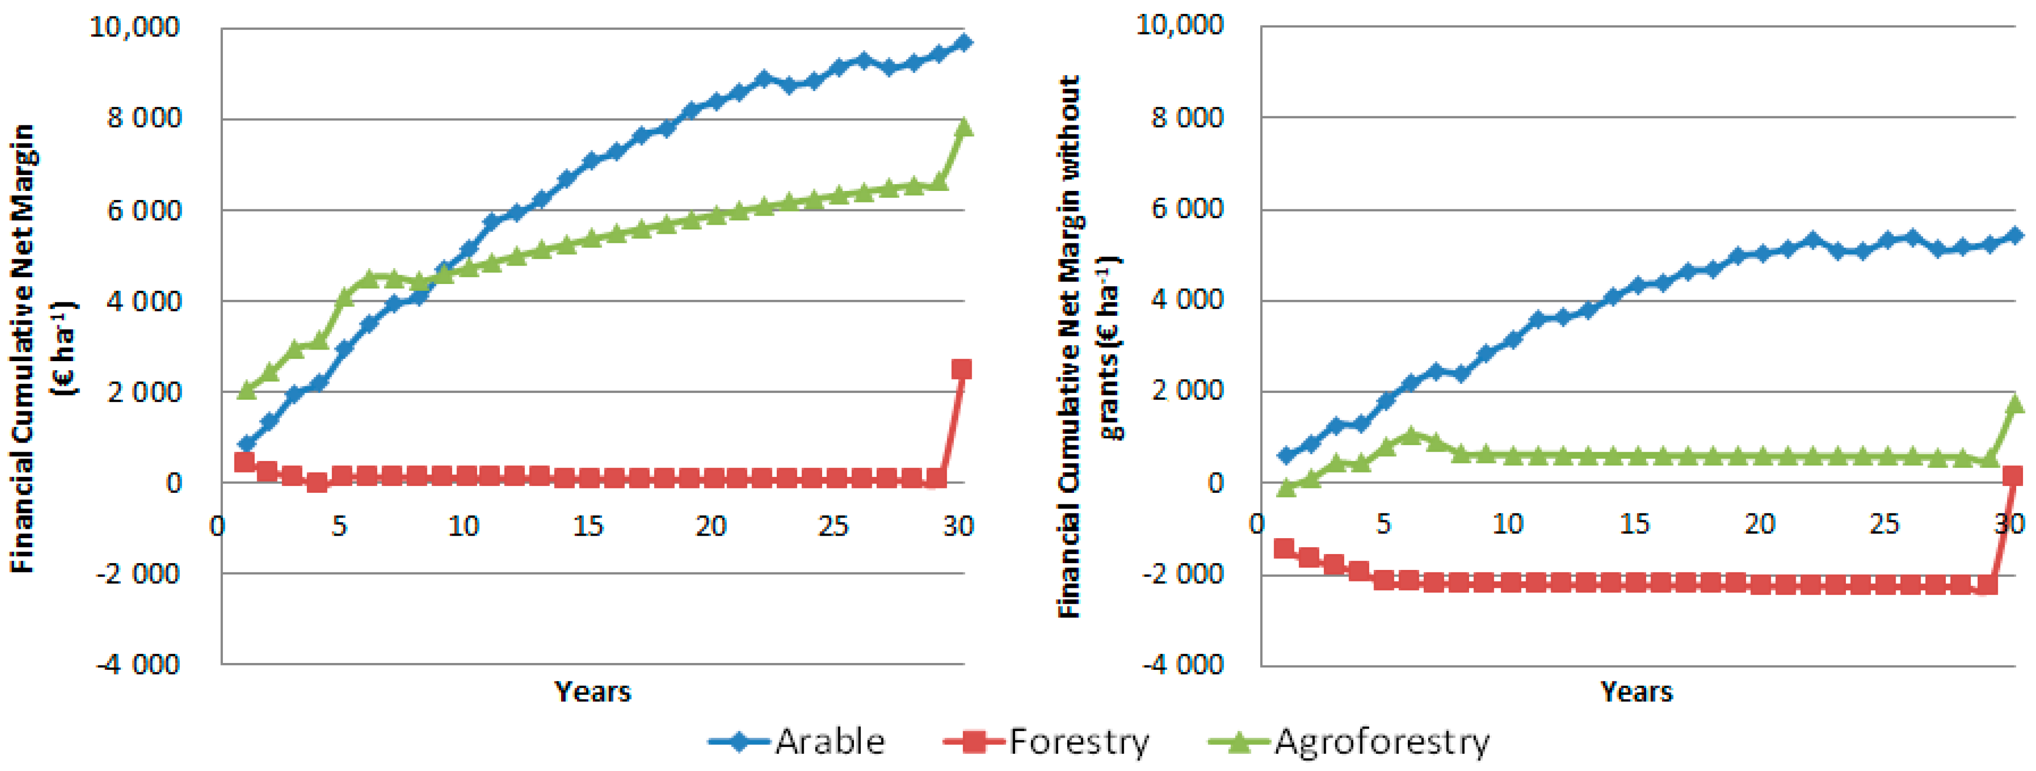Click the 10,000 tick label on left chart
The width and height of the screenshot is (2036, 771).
[x=134, y=27]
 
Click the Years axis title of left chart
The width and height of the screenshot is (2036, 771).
[x=593, y=692]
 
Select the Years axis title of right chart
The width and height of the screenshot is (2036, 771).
[x=1636, y=692]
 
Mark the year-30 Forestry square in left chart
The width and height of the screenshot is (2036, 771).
[x=961, y=369]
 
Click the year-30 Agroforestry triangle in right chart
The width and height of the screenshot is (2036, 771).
[x=2015, y=404]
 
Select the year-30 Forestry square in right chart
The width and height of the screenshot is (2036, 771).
[x=2012, y=475]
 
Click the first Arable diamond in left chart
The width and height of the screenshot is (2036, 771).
[x=247, y=444]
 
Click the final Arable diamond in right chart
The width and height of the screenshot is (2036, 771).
[x=2015, y=235]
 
